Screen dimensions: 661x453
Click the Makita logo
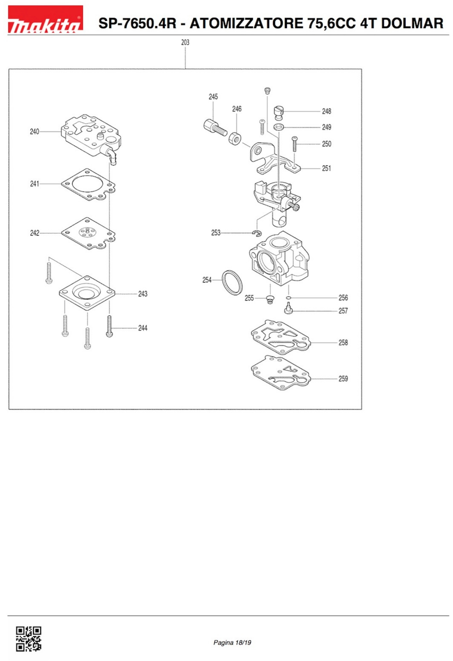tap(45, 19)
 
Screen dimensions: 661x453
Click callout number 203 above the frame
tap(185, 43)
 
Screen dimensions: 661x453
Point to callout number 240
tap(34, 132)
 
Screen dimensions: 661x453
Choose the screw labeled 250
tap(295, 144)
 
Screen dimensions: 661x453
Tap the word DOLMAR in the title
tap(412, 23)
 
